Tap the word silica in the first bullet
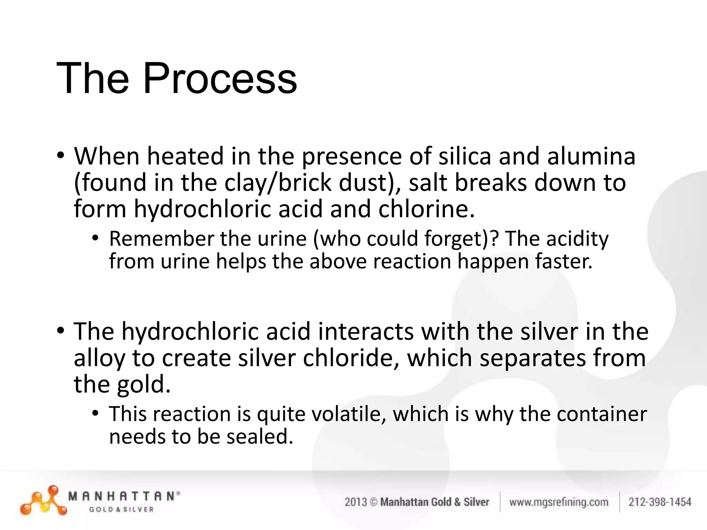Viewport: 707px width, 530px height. (x=465, y=156)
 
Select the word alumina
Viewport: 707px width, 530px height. (x=591, y=156)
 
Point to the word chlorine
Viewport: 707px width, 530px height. (x=426, y=209)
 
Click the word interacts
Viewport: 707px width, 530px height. (x=366, y=332)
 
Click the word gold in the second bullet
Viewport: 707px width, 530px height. (x=143, y=385)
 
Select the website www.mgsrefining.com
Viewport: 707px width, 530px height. (x=559, y=502)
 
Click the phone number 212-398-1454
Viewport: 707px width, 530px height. (x=660, y=502)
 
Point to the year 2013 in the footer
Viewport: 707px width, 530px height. (x=356, y=502)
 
